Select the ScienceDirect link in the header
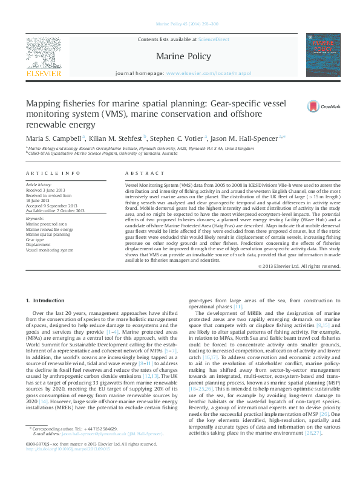[214, 38]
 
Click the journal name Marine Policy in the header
[183, 57]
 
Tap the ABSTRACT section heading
[142, 174]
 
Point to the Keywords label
[35, 218]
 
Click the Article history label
[39, 184]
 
